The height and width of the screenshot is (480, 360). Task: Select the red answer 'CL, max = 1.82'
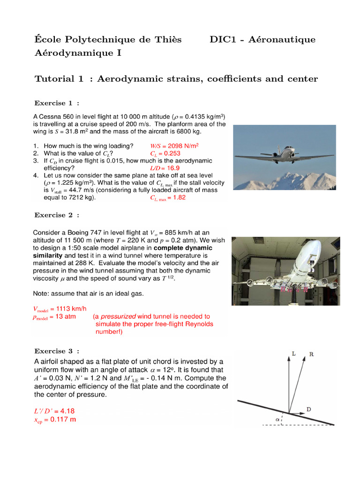[x=168, y=198]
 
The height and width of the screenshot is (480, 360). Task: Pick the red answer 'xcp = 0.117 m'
[x=54, y=420]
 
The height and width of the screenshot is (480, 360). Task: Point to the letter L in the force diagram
[x=293, y=354]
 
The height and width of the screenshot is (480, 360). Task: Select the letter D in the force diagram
[x=309, y=409]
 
